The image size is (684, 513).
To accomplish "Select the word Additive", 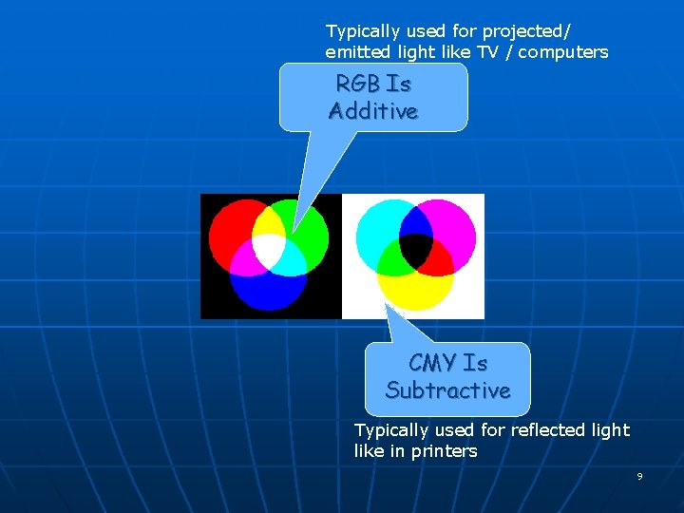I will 373,111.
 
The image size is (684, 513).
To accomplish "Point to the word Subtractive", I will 447,390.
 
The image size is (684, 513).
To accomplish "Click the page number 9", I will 639,476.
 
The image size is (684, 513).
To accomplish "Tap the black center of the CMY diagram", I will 414,250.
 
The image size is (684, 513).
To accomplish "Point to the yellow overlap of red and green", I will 270,222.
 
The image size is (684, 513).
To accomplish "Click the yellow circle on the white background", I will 414,291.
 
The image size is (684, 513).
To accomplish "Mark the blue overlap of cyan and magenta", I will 414,219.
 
